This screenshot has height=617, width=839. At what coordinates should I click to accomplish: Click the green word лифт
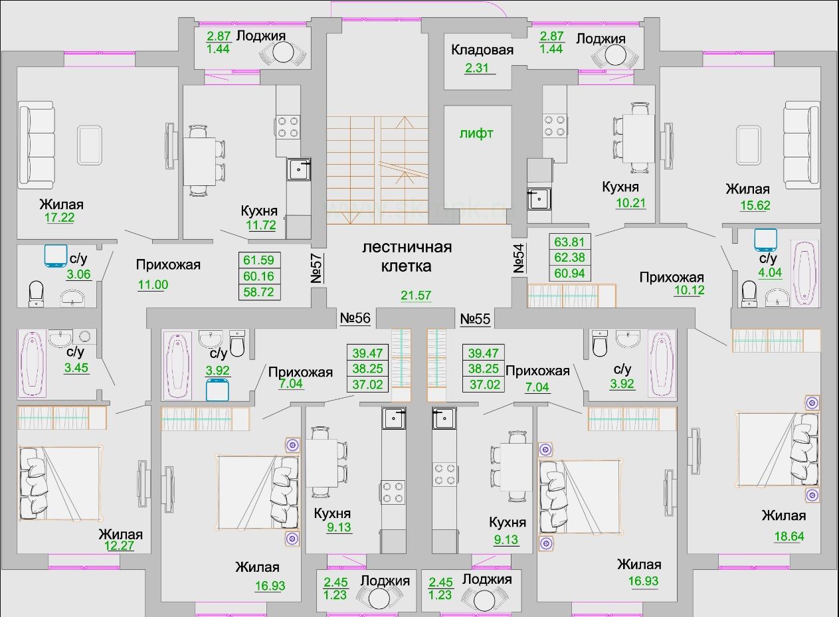476,133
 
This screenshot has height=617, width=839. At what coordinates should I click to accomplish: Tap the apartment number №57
316,268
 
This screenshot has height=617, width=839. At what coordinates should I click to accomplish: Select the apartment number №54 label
519,258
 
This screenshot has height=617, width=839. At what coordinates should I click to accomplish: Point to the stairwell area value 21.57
416,296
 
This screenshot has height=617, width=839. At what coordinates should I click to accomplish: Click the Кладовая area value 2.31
477,68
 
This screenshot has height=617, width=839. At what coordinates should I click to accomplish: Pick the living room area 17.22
60,217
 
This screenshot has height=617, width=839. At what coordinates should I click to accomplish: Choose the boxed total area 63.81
569,242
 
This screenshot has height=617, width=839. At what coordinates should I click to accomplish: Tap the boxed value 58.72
258,292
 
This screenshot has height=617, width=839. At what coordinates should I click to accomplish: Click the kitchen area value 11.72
261,225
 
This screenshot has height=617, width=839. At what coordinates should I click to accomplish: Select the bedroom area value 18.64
789,536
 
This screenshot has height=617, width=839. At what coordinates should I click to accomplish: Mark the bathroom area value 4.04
770,272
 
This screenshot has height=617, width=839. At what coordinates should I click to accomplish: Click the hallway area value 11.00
153,284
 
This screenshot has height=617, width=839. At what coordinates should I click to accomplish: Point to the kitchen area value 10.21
631,203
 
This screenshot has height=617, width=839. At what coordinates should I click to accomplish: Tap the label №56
355,318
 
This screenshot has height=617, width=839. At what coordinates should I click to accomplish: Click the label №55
475,319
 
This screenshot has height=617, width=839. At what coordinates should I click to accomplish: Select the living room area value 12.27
119,545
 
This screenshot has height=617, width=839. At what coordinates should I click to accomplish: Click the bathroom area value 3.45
76,367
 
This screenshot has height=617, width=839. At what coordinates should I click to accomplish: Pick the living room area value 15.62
755,205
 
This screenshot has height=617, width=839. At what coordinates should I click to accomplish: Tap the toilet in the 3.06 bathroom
37,294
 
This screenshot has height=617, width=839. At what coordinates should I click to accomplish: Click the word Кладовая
482,49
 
